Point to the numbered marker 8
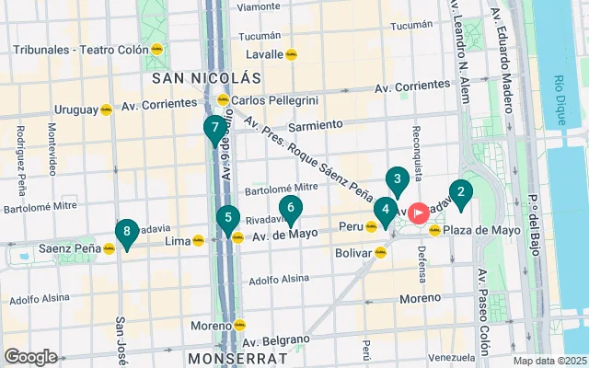click(x=126, y=233)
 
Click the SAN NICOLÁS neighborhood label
click(x=208, y=79)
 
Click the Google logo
click(x=30, y=357)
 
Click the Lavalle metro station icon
click(x=292, y=54)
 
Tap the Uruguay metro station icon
click(x=106, y=109)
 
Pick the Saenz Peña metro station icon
click(x=109, y=248)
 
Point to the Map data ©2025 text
click(x=549, y=361)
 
